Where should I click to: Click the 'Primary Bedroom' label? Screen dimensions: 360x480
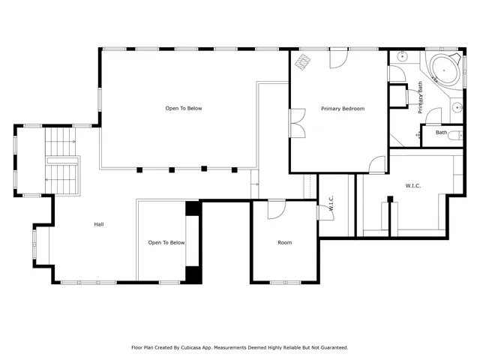click(342, 109)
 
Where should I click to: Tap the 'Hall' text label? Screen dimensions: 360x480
click(98, 224)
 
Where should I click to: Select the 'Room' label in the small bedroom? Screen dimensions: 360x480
click(285, 242)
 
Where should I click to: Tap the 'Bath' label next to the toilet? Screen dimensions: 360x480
click(442, 133)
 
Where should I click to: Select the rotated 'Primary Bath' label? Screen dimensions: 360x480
click(421, 97)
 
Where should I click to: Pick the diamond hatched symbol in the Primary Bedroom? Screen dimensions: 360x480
click(304, 61)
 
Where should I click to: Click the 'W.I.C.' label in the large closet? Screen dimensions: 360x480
click(412, 184)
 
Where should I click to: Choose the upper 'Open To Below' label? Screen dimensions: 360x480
click(184, 109)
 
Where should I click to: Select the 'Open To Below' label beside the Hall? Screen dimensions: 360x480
click(166, 242)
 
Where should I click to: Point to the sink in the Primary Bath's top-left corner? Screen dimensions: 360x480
click(402, 56)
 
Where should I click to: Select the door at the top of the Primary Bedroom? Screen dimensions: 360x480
click(338, 59)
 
